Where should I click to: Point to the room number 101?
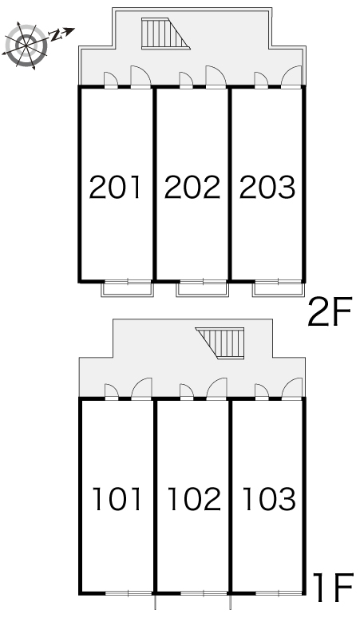coord(116,500)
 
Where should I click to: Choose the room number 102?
coord(192,500)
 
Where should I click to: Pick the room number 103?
coord(268,500)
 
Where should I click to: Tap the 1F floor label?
coord(330,589)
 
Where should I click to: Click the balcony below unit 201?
coord(127,288)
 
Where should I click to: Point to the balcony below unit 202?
coord(203,288)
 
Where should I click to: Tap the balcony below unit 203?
coord(279,288)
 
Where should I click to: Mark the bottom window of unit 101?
coord(128,593)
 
